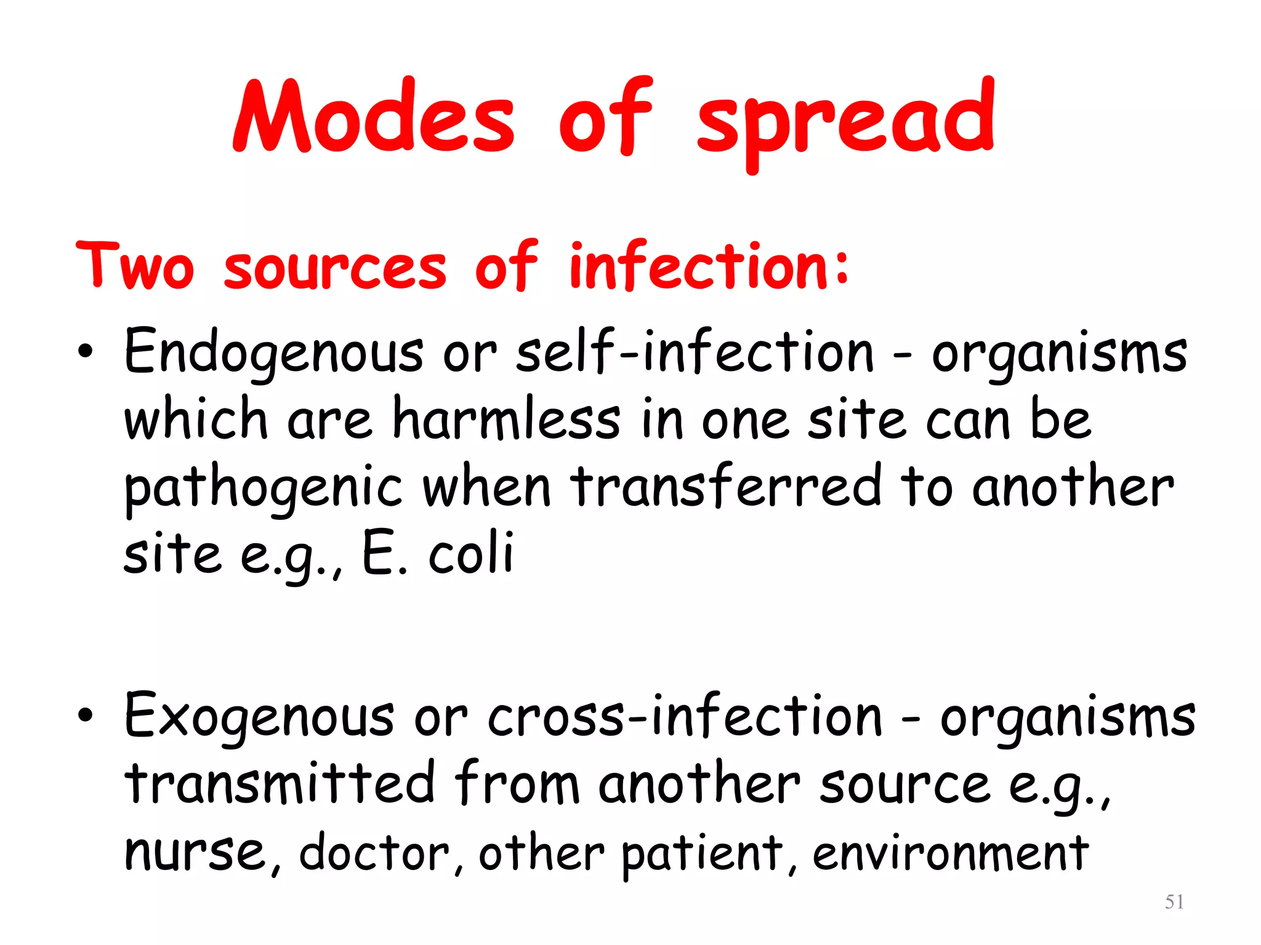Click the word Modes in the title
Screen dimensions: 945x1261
coord(373,117)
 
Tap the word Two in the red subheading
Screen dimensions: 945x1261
coord(135,266)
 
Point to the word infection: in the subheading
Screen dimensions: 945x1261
coord(709,266)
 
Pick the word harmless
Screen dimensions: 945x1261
coord(506,418)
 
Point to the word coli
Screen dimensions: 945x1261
coord(470,552)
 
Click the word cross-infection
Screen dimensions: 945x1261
coord(685,715)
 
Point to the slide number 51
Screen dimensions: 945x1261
coord(1174,902)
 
